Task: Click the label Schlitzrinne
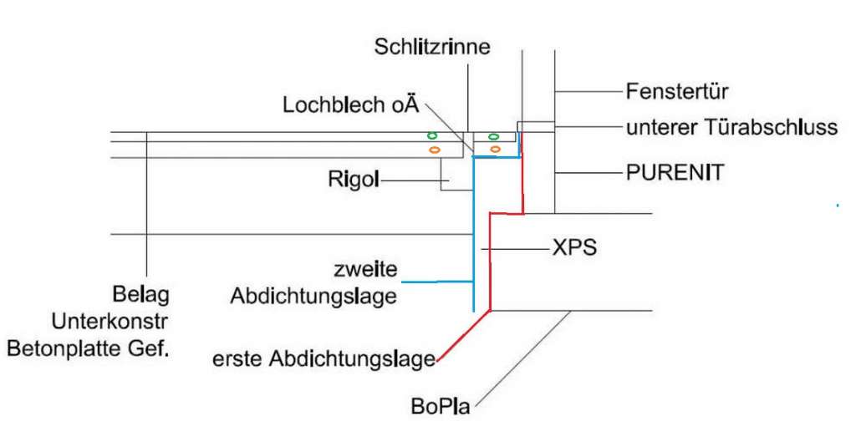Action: [431, 48]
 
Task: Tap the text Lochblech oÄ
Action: [349, 106]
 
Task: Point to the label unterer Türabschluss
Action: [731, 128]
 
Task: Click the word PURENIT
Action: [675, 174]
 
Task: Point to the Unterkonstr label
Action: [110, 321]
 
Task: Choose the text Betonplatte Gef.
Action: [89, 348]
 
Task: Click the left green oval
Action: [432, 135]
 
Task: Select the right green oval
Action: [493, 135]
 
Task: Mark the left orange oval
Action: [434, 150]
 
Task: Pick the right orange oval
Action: [495, 150]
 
